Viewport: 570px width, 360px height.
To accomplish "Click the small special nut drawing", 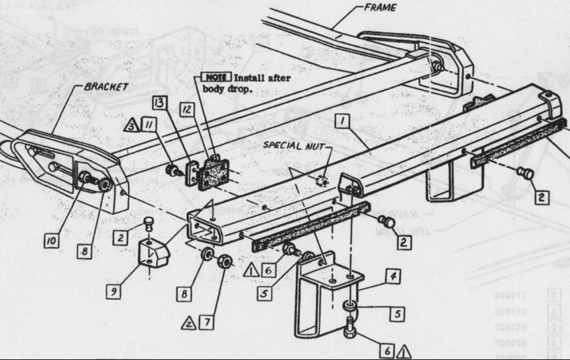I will coord(321,180).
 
